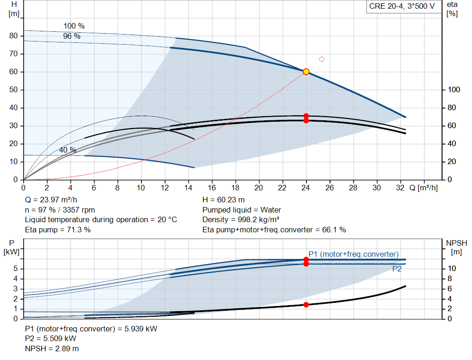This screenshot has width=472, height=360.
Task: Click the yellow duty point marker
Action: coord(306,71)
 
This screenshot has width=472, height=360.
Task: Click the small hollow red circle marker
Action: coord(322,59)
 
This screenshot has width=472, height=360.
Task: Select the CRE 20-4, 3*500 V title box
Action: coord(401,6)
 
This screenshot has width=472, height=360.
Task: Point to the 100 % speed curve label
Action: coord(74,26)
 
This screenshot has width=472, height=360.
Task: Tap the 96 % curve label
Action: coord(71,35)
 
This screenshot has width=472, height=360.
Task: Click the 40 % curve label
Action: coord(67,150)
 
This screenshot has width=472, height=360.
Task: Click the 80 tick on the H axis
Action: coord(13,36)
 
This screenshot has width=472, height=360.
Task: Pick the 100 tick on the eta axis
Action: coord(454,90)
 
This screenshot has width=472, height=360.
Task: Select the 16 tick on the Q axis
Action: coord(212,188)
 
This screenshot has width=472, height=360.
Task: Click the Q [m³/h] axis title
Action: coord(423,188)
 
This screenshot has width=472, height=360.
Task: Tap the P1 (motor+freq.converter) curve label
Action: coord(353,254)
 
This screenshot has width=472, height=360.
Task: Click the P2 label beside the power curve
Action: coord(396,269)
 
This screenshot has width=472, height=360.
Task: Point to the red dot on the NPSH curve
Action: coord(306,305)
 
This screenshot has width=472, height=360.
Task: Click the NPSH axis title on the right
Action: coord(456,247)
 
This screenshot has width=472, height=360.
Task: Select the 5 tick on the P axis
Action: coord(16,268)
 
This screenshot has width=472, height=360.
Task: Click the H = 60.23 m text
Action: coord(223,200)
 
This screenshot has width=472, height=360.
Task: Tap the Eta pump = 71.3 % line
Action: coord(58,229)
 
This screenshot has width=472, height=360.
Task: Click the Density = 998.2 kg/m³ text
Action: coord(241,219)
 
